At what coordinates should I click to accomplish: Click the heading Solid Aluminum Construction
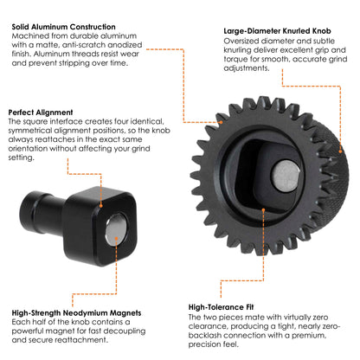[65, 27]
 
